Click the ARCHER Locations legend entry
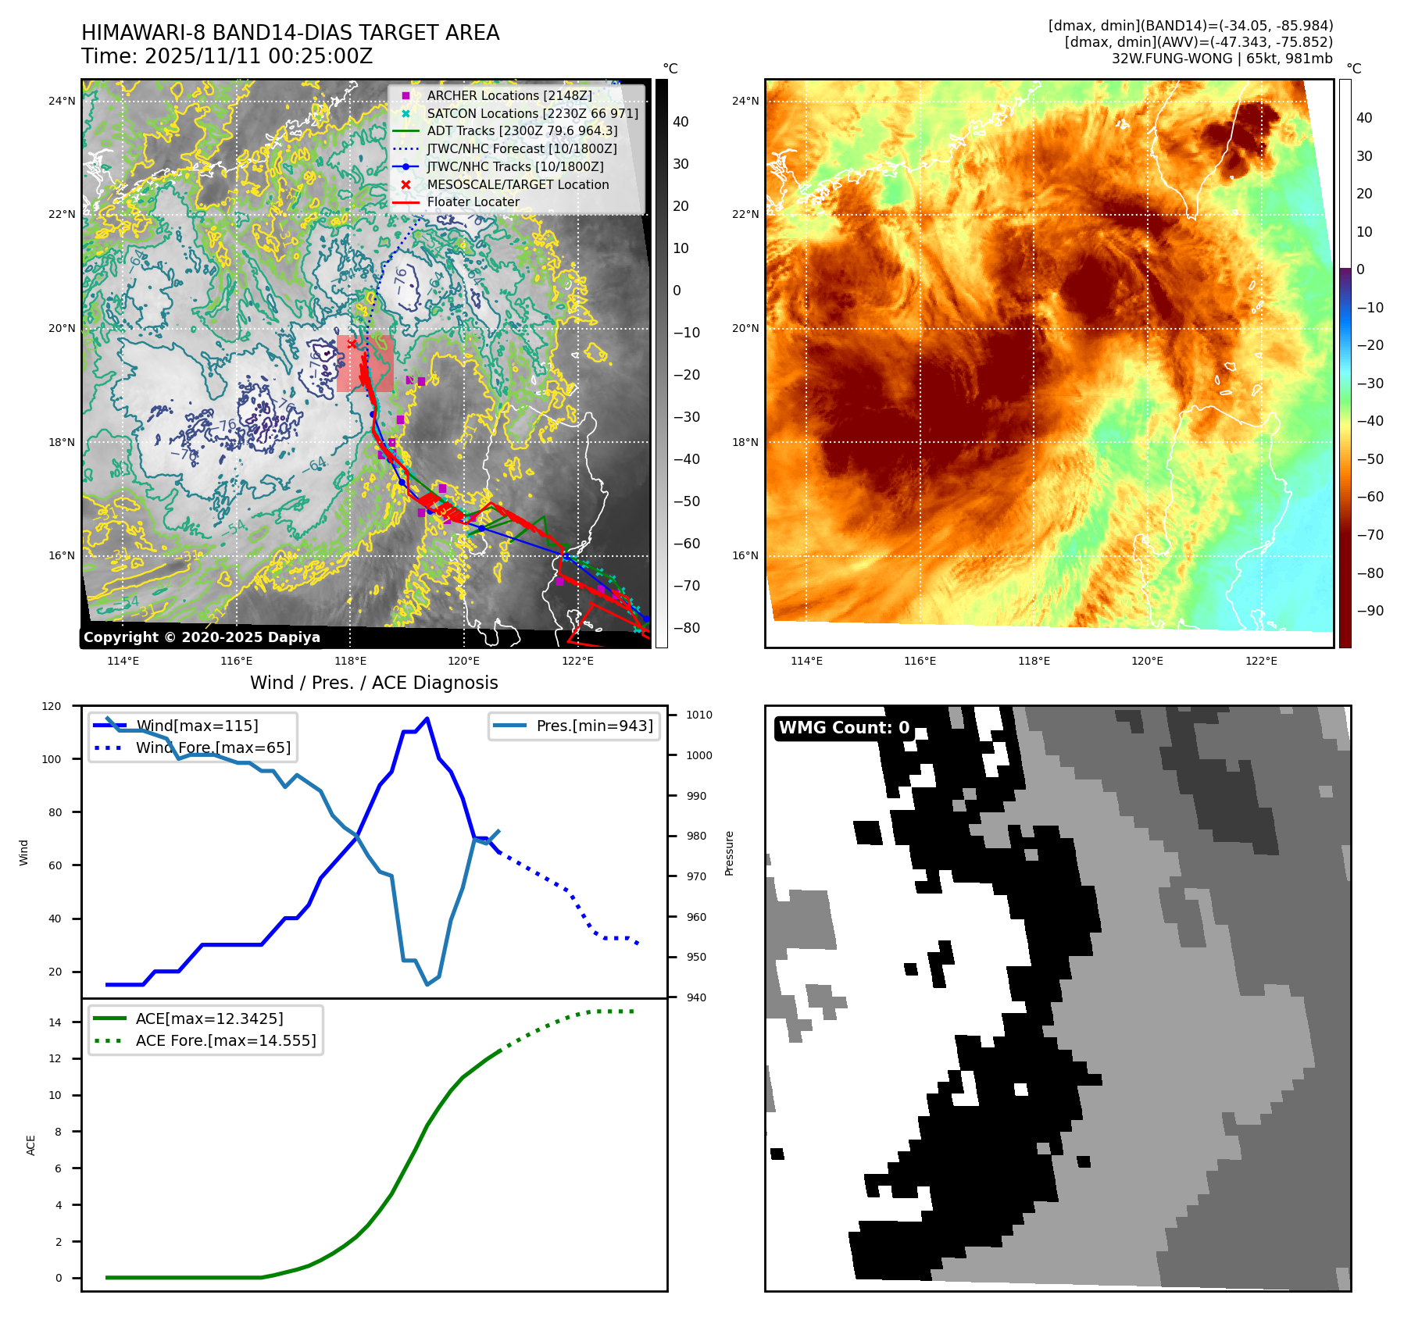point(509,95)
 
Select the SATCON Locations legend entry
point(532,113)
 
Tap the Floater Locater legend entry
point(473,202)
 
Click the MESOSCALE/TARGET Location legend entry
point(517,184)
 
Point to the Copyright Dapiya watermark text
point(202,637)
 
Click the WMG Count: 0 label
point(844,728)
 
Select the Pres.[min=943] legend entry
point(594,726)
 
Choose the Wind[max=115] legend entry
point(196,726)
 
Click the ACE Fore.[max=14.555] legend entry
point(225,1040)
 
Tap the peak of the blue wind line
point(427,718)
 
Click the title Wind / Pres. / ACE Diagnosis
point(373,683)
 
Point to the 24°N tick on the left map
point(62,101)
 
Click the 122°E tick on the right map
point(1261,661)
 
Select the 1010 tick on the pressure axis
point(699,715)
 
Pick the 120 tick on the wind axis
point(52,706)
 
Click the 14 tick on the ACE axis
point(55,1022)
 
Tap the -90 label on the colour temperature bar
point(1370,611)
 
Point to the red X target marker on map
point(352,344)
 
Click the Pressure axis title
point(729,853)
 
